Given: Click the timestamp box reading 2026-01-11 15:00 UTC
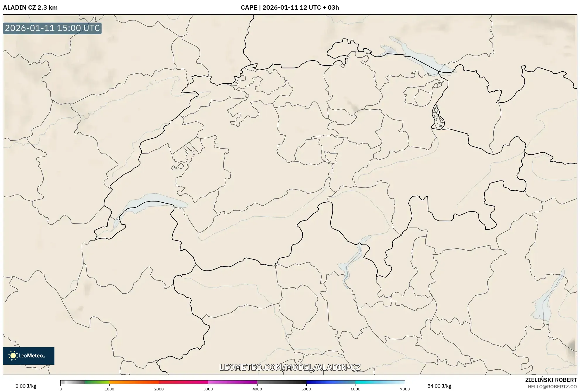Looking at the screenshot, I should (x=52, y=28).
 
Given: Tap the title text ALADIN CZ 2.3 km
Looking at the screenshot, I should (x=30, y=8).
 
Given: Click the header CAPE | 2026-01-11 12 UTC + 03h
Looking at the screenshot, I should (x=290, y=8).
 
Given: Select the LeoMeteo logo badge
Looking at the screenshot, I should (x=29, y=356).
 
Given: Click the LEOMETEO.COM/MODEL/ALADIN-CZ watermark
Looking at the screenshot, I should (x=290, y=367).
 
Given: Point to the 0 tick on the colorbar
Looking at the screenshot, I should (x=61, y=389).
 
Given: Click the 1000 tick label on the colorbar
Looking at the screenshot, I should (x=109, y=389).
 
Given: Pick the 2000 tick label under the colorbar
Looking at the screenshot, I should (x=159, y=389).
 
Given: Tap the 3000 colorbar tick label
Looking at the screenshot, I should (x=208, y=389).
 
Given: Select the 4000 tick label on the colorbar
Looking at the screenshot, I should (x=257, y=389).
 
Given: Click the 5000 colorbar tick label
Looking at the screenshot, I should (x=306, y=389).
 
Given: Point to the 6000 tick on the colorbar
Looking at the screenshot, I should (x=356, y=389).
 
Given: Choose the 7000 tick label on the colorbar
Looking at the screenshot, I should (x=405, y=389).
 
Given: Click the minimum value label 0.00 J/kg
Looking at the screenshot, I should (x=26, y=386).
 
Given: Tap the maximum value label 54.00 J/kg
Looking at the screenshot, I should (x=439, y=386).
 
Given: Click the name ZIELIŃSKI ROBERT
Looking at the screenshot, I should (x=551, y=380).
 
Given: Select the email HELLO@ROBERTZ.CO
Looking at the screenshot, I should (x=552, y=387).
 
